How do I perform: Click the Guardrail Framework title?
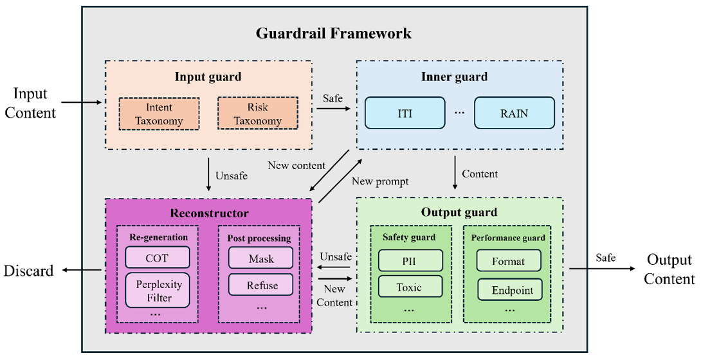[x=333, y=33]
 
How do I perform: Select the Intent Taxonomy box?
[x=159, y=113]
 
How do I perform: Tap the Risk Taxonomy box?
[x=257, y=113]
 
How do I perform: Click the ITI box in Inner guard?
[x=405, y=113]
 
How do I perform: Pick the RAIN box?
[x=514, y=113]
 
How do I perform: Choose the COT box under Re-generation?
[x=158, y=258]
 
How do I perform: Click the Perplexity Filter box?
[x=158, y=291]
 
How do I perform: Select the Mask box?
[x=260, y=258]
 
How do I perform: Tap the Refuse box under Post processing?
[x=260, y=285]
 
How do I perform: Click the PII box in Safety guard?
[x=410, y=261]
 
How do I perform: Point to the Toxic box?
[x=410, y=287]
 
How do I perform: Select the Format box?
[x=509, y=261]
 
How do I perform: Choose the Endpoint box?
[x=509, y=290]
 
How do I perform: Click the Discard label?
[x=28, y=271]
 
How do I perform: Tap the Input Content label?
[x=30, y=103]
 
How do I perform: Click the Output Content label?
[x=669, y=269]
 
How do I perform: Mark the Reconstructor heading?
[x=208, y=213]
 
